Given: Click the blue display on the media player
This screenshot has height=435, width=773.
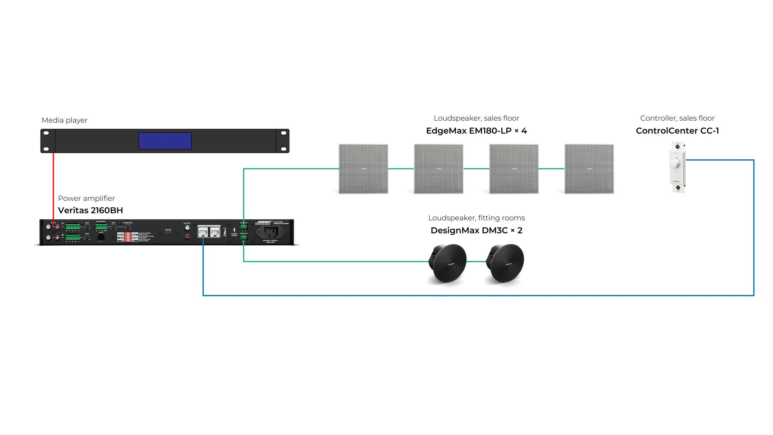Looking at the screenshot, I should tap(165, 141).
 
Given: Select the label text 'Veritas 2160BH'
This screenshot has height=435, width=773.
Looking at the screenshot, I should tap(90, 210).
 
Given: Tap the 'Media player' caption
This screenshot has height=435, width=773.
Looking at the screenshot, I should tap(65, 120).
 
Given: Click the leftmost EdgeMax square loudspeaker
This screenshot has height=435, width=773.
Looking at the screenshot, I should tap(363, 169).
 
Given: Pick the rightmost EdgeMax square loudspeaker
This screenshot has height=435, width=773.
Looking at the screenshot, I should tap(589, 169).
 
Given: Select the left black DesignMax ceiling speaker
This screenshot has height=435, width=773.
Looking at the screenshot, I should tap(448, 263).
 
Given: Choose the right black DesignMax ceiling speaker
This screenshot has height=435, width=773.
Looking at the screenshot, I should tap(506, 263).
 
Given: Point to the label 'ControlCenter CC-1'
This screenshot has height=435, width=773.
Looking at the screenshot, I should tap(677, 131).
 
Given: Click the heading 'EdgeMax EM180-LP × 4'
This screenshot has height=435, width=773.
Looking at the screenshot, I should tap(476, 131).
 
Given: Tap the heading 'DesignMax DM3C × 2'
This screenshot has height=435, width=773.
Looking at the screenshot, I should tap(476, 230).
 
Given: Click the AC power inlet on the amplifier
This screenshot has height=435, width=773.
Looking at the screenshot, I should tap(271, 232).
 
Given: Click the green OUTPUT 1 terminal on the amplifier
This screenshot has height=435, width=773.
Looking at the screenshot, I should tap(243, 227).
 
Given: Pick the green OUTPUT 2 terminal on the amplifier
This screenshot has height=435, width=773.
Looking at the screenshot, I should tap(243, 237).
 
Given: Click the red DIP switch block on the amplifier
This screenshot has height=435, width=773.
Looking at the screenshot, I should tap(128, 237).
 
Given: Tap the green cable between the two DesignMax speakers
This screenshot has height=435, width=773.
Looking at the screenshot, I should tap(476, 262).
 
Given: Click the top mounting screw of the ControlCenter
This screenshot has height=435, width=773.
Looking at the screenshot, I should tap(678, 146).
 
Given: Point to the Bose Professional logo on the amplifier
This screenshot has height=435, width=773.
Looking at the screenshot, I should tap(263, 223).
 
